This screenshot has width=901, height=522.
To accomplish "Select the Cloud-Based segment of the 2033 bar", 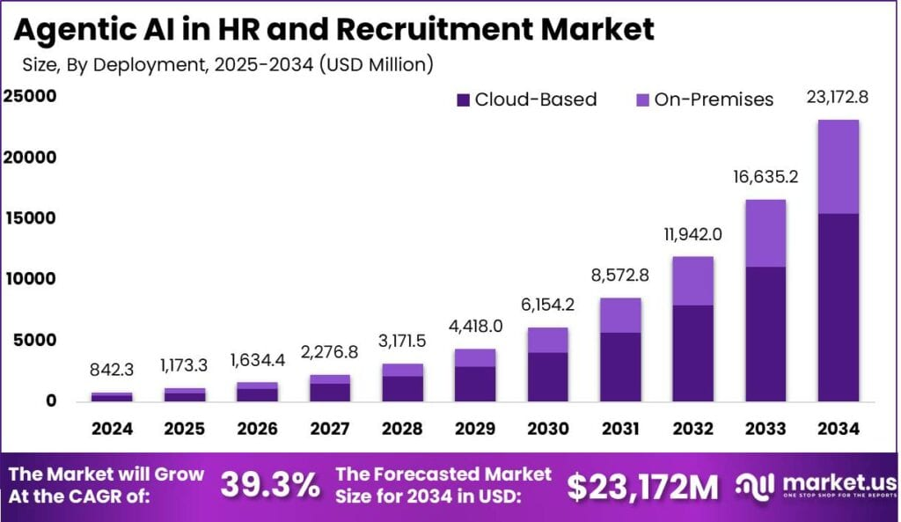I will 765,334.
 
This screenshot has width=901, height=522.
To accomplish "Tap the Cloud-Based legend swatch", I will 464,100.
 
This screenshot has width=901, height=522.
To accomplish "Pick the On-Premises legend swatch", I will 643,100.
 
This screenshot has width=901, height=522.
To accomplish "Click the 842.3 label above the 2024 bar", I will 112,371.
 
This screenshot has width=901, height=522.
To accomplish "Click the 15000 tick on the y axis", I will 31,218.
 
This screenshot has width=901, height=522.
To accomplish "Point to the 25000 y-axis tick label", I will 31,97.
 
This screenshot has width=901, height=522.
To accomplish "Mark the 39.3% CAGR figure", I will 269,485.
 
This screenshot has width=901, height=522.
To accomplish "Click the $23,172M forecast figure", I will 641,485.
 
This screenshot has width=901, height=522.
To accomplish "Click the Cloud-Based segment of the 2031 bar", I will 622,366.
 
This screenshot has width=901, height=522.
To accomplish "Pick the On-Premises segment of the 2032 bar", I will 693,281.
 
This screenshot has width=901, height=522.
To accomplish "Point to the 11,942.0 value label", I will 692,235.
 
